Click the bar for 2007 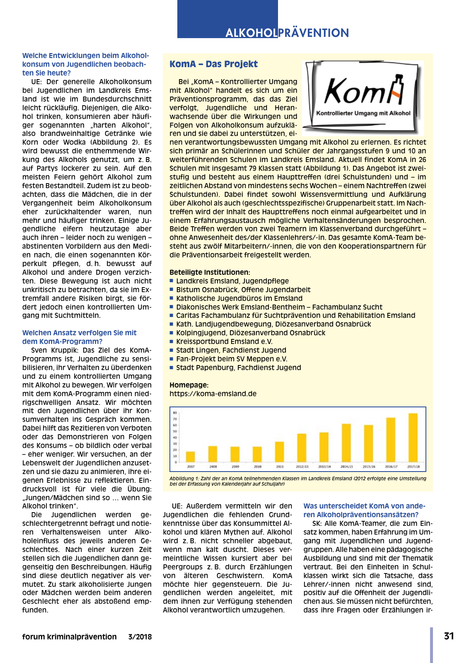click(191, 457)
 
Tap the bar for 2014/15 click(346, 443)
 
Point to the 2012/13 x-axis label click(302, 467)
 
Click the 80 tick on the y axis click(175, 413)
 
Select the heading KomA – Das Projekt click(213, 64)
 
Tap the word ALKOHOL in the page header click(251, 33)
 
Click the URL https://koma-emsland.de click(213, 394)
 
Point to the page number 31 click(449, 636)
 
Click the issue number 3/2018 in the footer click(140, 637)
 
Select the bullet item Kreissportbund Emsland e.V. click(224, 341)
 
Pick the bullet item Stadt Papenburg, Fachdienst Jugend click(238, 368)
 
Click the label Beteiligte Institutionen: click(210, 272)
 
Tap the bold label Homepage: click(189, 385)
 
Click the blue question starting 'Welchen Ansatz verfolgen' click(79, 337)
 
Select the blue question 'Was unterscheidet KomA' click(364, 510)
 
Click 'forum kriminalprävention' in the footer click(70, 637)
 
